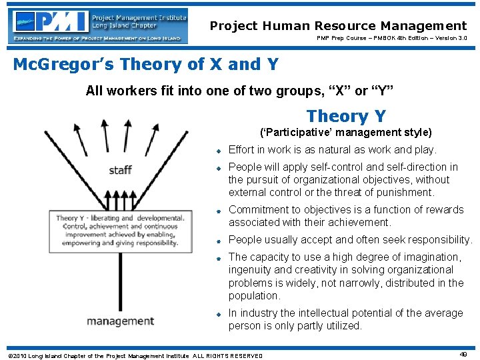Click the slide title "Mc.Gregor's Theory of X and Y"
point(145,65)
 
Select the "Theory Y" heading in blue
point(345,116)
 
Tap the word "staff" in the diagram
point(120,170)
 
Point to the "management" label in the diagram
point(120,321)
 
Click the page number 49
point(463,355)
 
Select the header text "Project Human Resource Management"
point(338,26)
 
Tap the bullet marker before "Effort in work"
point(217,151)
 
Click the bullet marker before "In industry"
point(217,313)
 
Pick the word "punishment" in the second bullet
point(403,193)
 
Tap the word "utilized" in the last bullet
point(342,326)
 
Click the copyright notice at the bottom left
point(134,355)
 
